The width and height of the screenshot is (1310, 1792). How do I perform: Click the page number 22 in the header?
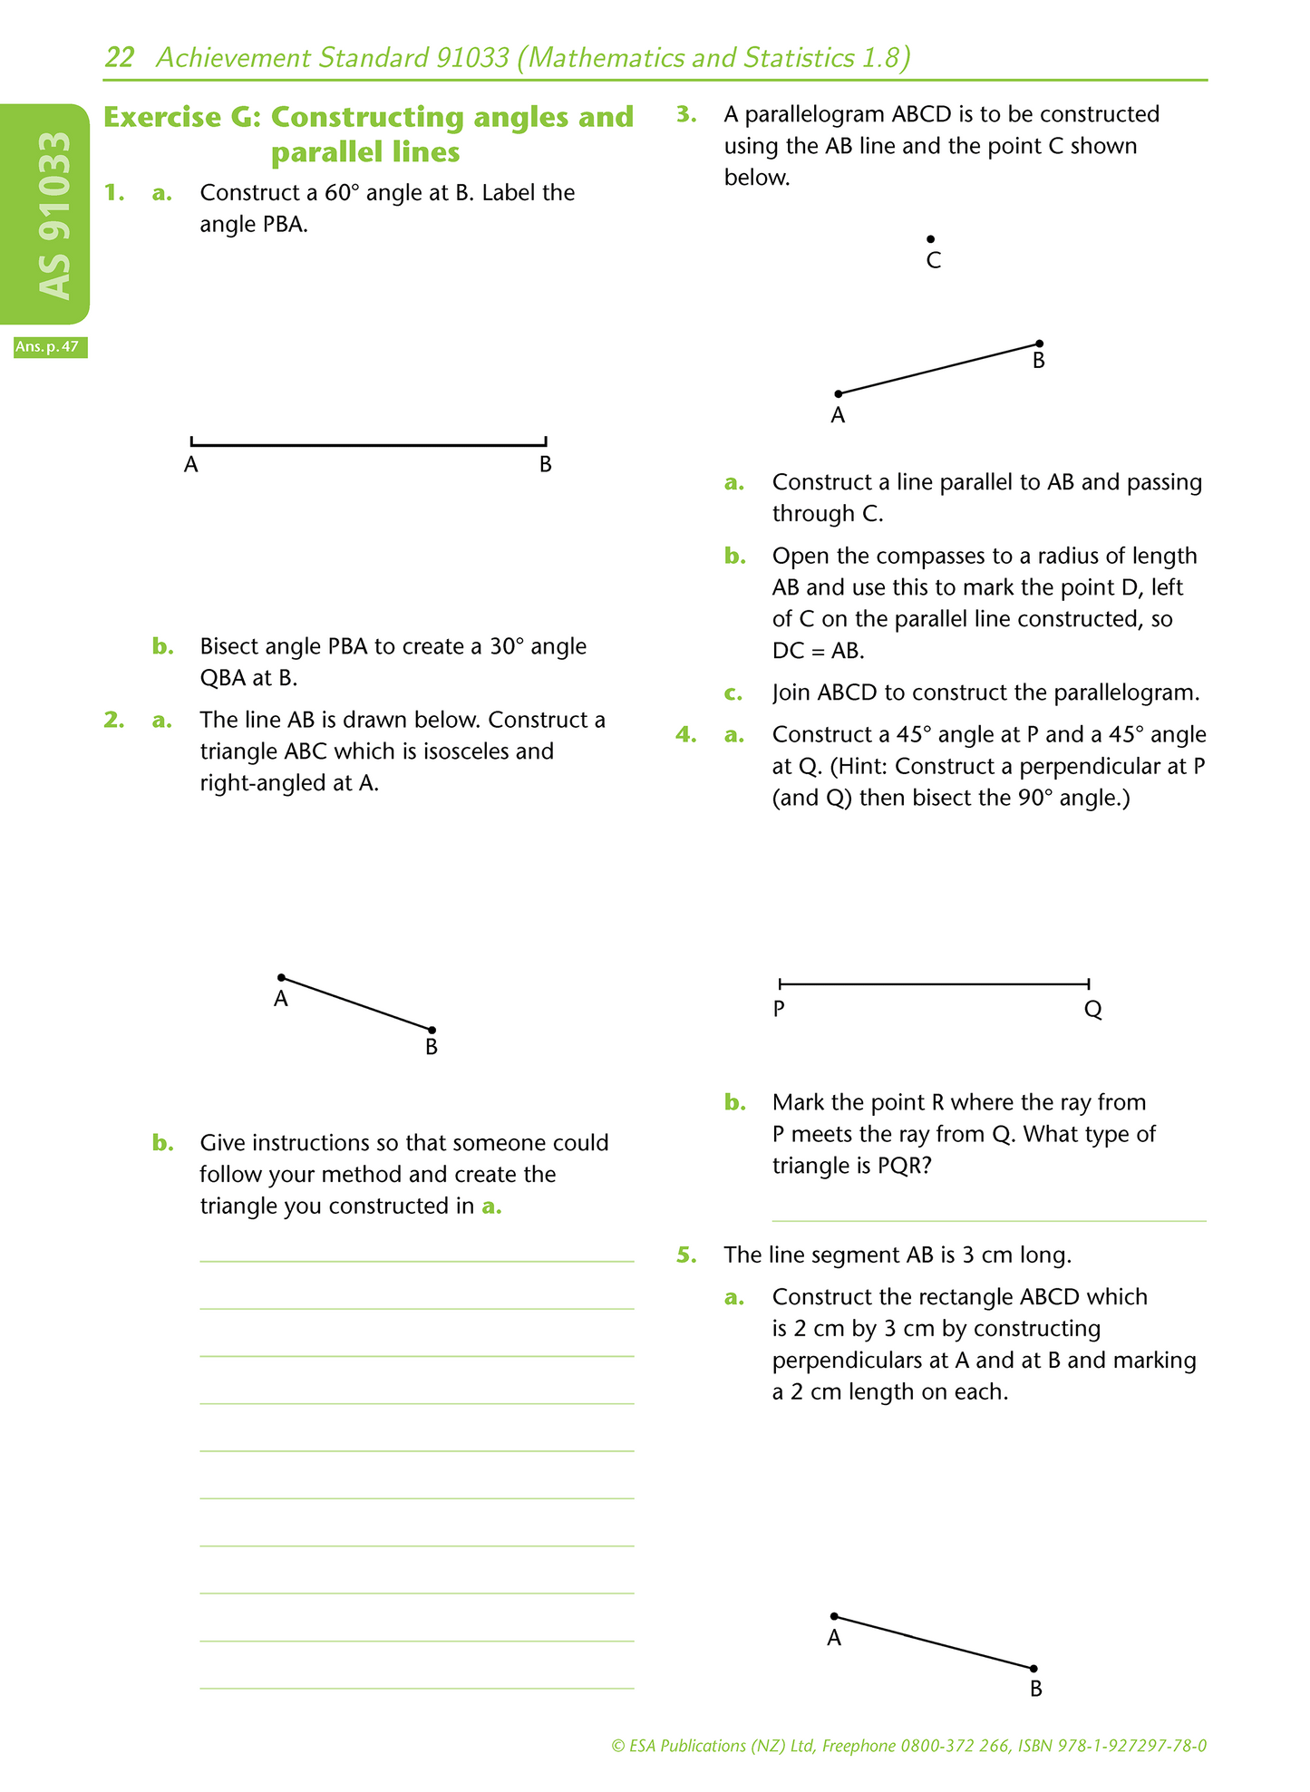(120, 58)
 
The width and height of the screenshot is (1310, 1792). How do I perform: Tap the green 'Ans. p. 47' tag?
(50, 346)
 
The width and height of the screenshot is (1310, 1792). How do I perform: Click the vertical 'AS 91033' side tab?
(53, 215)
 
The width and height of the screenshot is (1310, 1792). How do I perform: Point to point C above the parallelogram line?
(930, 239)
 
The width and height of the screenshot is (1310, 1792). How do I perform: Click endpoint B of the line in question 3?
(1039, 344)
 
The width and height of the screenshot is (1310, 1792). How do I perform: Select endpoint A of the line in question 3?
(839, 393)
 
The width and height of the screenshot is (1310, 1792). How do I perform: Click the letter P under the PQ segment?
(779, 1009)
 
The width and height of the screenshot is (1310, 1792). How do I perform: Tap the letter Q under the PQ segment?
(1092, 1010)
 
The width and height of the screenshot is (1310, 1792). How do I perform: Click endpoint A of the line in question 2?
(282, 977)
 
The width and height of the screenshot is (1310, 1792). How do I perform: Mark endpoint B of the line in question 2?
(432, 1030)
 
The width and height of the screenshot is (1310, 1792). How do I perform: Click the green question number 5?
(686, 1255)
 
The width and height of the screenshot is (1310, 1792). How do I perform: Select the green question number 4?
(686, 734)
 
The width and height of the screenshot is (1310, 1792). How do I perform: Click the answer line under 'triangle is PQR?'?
(988, 1220)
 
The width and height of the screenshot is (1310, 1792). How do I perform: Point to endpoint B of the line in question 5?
(1033, 1668)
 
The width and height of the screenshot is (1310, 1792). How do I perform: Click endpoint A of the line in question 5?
(834, 1616)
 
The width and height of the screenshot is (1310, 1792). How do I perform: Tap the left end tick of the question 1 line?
(191, 442)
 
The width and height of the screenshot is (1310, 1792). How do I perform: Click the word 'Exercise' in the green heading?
(162, 117)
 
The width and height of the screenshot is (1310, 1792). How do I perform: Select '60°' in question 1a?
(344, 193)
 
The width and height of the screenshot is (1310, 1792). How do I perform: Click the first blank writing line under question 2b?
(416, 1260)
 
